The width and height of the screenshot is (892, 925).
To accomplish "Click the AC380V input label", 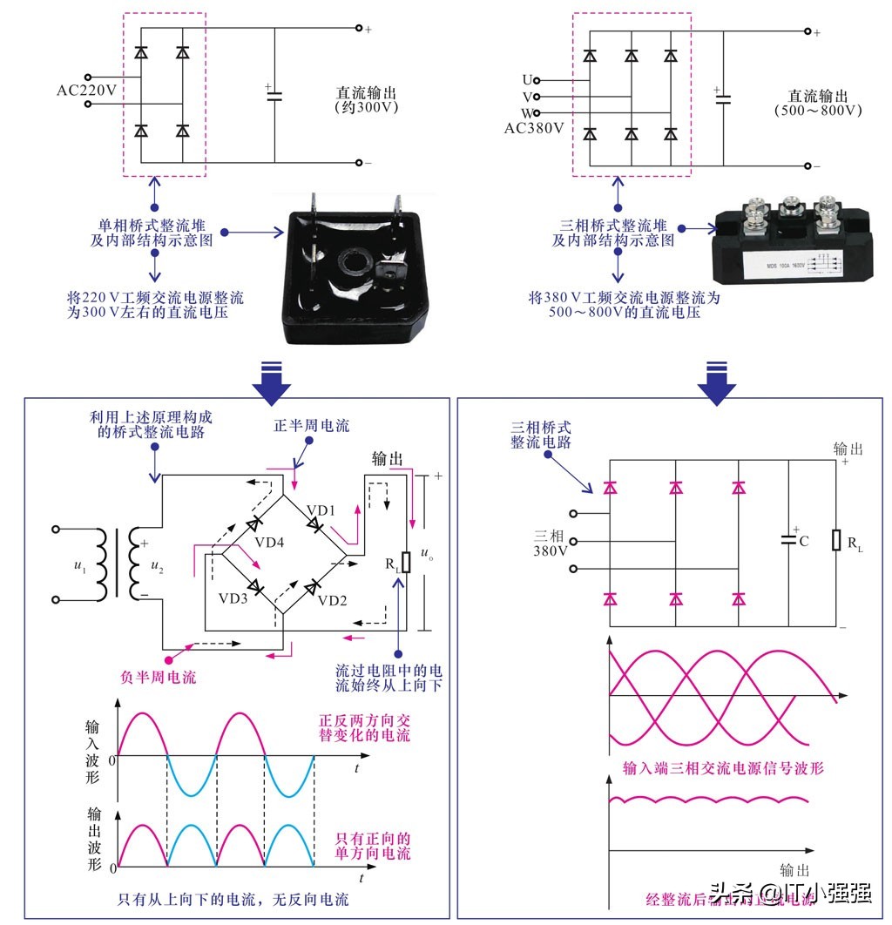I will pos(533,129).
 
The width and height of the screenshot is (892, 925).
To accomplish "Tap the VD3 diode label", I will pos(233,599).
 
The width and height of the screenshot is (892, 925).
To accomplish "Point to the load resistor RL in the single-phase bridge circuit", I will pos(405,562).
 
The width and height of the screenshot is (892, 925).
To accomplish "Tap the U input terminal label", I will pos(526,80).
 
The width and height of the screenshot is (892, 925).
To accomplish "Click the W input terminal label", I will pos(526,113).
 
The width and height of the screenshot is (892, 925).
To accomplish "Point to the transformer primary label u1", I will pos(80,566).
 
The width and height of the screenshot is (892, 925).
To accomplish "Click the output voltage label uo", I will pos(425,553).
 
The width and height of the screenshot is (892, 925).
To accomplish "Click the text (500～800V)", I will pos(817,111).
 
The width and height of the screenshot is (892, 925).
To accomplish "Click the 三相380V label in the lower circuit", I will pos(551,543).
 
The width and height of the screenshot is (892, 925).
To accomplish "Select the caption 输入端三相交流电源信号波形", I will pos(723,767).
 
